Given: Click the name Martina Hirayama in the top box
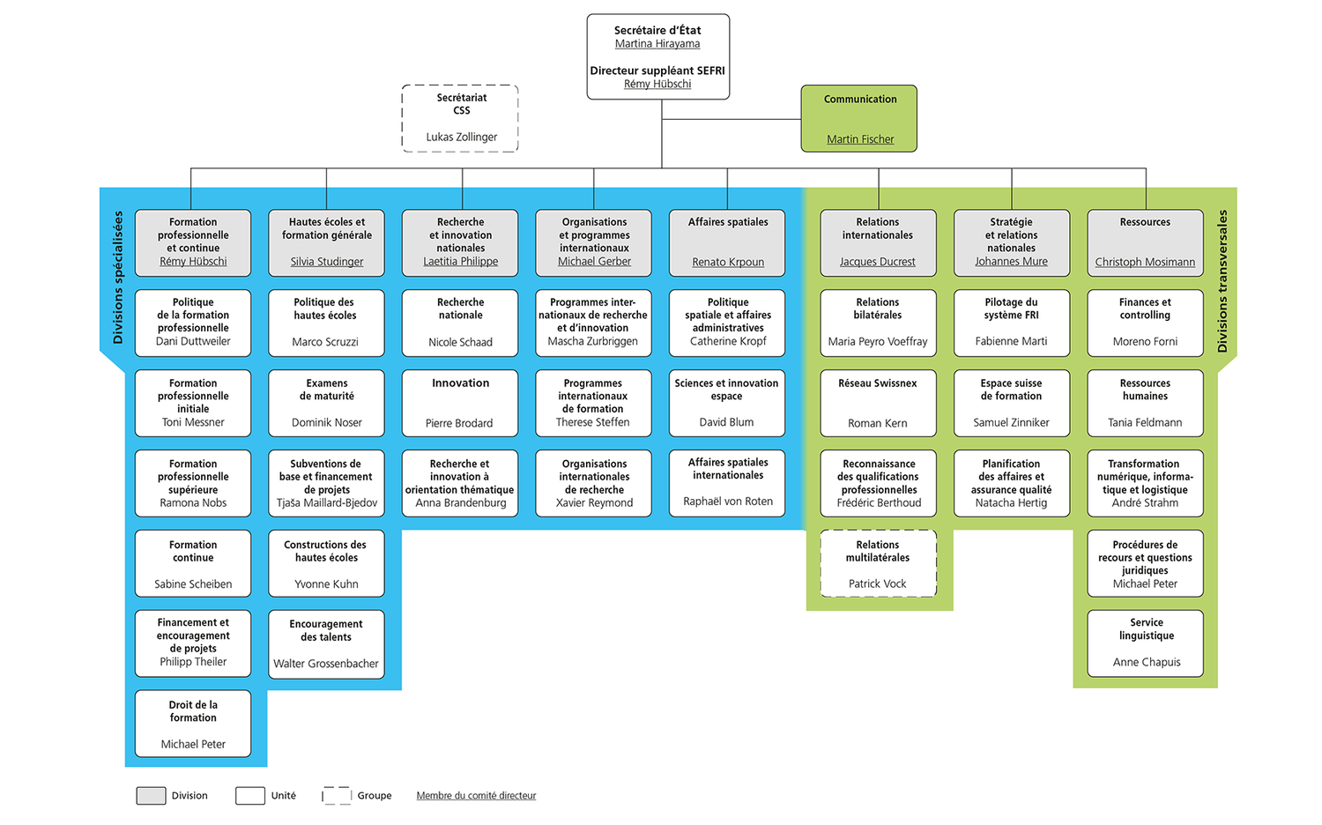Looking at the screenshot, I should point(657,44).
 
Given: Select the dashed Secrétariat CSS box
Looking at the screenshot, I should point(460,118).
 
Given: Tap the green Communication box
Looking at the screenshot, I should point(859,118).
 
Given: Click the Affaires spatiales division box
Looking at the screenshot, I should point(727,242).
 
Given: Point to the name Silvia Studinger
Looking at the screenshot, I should point(327,262).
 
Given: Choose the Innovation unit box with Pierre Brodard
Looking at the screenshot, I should point(460,403).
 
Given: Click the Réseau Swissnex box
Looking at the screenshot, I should point(878,403).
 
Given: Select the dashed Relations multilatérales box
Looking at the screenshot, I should point(878,563).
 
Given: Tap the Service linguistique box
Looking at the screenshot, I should point(1145,643).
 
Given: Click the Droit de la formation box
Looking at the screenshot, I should point(193,724).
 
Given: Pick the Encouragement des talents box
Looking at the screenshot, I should point(326,643).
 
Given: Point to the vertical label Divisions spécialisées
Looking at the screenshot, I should point(118,278).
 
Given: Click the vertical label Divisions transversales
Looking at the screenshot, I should point(1222,281).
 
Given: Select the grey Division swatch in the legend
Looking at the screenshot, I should point(151,796).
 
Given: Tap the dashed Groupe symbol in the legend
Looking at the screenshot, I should point(337,796).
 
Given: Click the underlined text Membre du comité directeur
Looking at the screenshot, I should point(476,796).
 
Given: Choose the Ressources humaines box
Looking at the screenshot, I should point(1145,403).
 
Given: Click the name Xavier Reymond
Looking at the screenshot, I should point(594,503).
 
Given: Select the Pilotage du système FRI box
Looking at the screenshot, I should point(1011,323).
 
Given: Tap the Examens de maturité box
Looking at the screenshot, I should point(326,403).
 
